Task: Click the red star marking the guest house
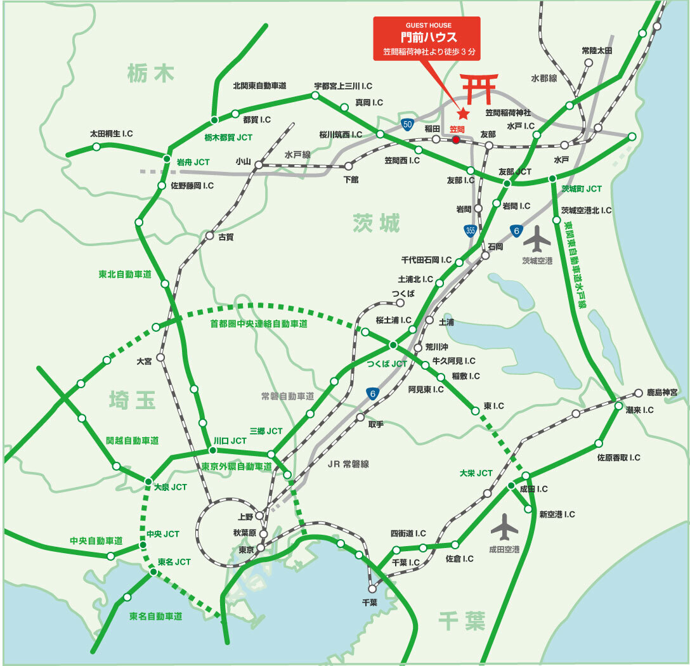point(464,114)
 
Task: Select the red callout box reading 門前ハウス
point(427,39)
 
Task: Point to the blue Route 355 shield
point(470,231)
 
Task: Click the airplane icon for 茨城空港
point(538,240)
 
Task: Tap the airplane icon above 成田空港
point(504,526)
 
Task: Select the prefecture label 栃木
point(150,74)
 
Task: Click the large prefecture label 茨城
point(377,223)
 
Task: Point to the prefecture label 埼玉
point(132,400)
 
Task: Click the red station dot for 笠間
point(456,139)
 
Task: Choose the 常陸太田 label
point(597,50)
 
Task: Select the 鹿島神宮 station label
point(661,393)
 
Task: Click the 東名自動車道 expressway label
point(155,616)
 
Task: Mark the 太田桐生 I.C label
point(111,134)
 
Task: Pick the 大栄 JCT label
point(476,473)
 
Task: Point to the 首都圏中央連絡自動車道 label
point(259,323)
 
